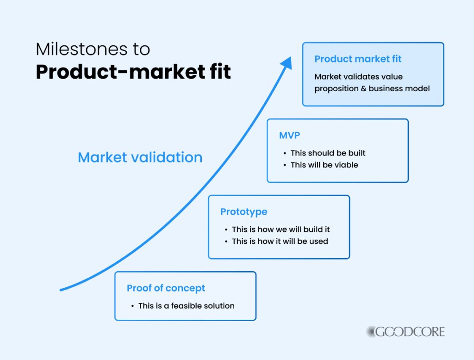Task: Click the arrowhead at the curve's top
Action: pos(287,63)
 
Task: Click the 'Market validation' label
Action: pos(140,157)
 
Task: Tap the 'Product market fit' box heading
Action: pos(358,59)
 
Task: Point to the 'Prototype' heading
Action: pos(243,211)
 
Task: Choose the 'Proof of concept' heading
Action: pos(166,288)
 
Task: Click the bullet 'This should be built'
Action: pos(328,153)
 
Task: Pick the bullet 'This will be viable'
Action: pos(324,165)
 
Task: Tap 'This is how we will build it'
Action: pos(281,229)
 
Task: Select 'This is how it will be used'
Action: pos(280,241)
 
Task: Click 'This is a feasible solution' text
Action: pos(186,305)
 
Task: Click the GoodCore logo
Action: pos(405,331)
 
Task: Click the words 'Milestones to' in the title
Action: pos(93,49)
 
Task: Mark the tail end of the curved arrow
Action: pos(62,290)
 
